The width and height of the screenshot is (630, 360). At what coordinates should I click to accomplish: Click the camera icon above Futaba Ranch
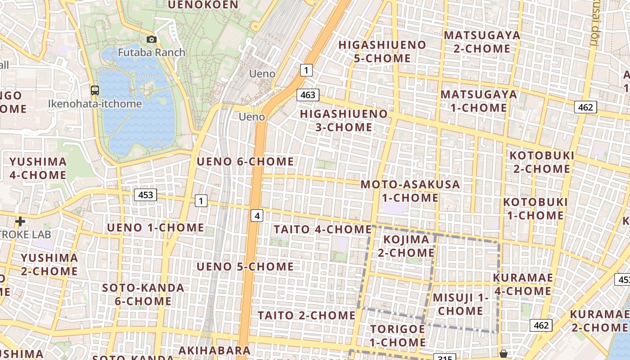point(152,40)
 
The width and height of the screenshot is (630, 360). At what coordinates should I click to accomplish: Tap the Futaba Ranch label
point(151,52)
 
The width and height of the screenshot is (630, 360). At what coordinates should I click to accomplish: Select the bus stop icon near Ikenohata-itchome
point(95,90)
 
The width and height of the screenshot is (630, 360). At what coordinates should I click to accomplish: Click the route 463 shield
point(308,95)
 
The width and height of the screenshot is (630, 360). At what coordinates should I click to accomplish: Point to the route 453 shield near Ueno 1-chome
point(145,195)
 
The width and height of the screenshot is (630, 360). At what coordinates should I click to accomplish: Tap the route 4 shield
point(257,216)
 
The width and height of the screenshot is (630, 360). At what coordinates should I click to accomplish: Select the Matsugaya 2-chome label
point(481,42)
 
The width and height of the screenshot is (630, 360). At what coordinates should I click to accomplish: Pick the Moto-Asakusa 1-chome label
point(410,191)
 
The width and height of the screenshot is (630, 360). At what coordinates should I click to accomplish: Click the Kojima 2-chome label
point(406,246)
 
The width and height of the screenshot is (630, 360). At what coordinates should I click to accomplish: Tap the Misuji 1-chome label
point(460,304)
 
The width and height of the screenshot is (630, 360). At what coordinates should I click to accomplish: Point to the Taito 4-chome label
point(322,229)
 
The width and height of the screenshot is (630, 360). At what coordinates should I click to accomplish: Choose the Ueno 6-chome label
point(245,161)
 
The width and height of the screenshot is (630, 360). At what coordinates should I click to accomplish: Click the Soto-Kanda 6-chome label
point(143,294)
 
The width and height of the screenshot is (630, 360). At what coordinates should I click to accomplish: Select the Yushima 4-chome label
point(38,168)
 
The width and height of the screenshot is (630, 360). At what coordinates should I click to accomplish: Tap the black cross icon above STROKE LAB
point(20,221)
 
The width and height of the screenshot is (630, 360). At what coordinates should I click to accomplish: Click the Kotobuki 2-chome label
point(542,162)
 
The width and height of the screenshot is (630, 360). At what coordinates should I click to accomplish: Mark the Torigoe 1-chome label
point(398,336)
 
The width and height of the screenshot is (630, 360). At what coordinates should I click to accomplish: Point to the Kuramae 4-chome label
point(522,284)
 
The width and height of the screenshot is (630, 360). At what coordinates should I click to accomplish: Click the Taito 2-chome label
point(306,315)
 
